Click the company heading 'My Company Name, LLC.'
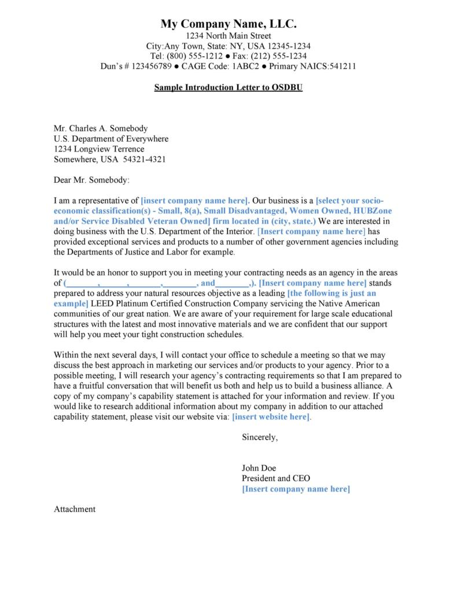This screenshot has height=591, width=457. [x=228, y=24]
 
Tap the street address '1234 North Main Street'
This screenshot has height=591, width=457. [x=228, y=36]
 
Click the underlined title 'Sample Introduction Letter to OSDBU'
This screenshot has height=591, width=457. [x=228, y=88]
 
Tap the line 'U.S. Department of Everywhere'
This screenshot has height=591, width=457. [x=111, y=139]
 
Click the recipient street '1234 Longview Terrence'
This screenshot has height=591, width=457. [x=99, y=149]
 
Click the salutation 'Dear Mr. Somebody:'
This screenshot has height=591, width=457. [x=92, y=180]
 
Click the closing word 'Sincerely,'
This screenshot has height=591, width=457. [x=260, y=437]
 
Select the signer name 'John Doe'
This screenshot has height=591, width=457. [x=259, y=468]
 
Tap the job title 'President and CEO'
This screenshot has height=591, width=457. [x=276, y=479]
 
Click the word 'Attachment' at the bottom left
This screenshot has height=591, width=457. [x=75, y=509]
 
